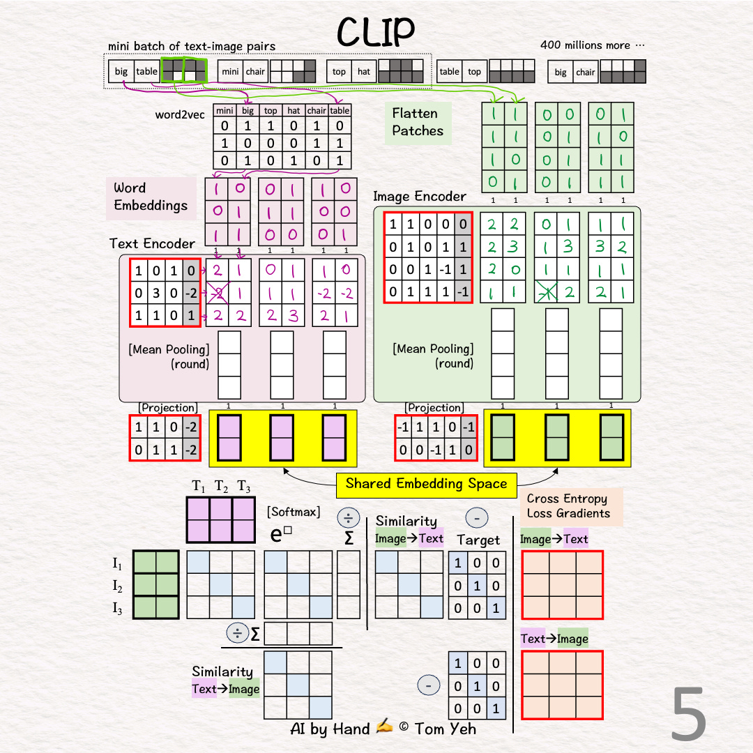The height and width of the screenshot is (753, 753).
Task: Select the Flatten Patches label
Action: [x=418, y=122]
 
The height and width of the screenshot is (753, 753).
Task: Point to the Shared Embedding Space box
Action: [x=426, y=484]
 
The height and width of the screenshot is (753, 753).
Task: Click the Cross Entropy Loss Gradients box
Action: [x=568, y=506]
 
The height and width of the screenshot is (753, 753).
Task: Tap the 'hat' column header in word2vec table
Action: [x=294, y=110]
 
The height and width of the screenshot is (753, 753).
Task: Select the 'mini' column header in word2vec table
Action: [x=225, y=110]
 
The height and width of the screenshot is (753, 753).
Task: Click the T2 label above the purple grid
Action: [x=221, y=486]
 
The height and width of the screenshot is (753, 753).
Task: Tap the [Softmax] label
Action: [x=294, y=512]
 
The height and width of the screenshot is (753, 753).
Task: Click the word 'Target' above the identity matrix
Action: [x=478, y=540]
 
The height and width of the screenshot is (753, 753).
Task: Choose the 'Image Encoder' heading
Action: [x=419, y=197]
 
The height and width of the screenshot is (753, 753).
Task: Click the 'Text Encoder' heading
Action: [x=153, y=243]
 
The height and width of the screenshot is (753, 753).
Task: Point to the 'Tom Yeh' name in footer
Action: [x=446, y=729]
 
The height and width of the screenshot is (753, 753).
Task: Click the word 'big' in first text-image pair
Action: [x=121, y=71]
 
